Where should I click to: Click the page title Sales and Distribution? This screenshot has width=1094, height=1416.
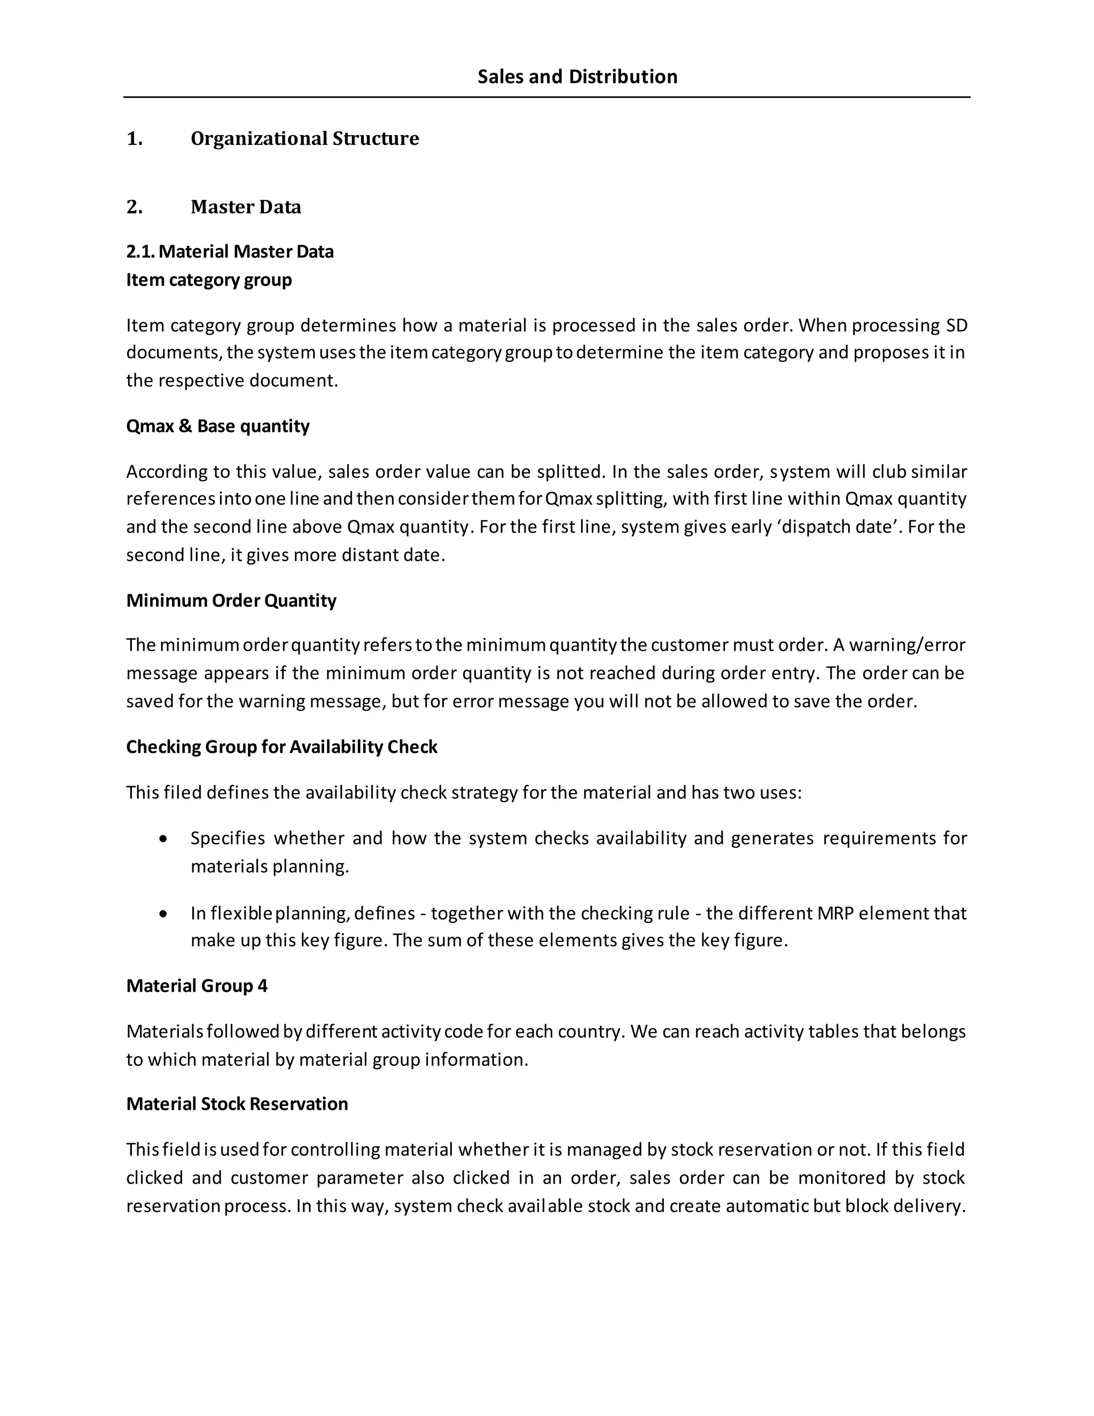tap(577, 76)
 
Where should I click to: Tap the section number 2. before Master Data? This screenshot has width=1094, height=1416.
tap(134, 207)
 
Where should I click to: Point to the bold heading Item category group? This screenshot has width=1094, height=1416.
tap(209, 280)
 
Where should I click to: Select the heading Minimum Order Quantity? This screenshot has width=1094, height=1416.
tap(231, 601)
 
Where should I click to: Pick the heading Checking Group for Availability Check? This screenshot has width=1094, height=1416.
tap(282, 747)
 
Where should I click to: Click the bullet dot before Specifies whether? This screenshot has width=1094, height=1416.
tap(163, 839)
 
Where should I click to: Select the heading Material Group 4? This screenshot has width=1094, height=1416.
tap(197, 986)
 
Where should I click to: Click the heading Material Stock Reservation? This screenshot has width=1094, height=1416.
tap(237, 1104)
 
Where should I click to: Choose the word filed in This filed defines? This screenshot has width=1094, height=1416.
tap(183, 792)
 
